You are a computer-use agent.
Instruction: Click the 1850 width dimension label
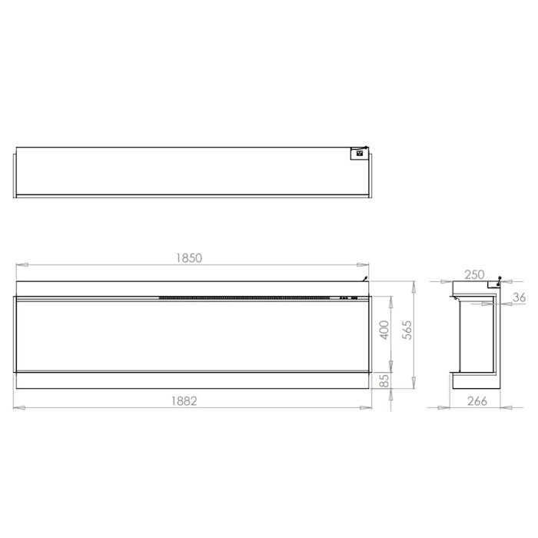click(189, 258)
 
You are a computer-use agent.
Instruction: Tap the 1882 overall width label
click(184, 400)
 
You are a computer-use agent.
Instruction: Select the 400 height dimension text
click(385, 330)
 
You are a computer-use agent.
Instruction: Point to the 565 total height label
click(407, 330)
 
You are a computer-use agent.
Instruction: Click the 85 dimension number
click(385, 380)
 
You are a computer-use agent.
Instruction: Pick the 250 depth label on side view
click(474, 275)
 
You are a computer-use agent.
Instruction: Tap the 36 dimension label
click(519, 297)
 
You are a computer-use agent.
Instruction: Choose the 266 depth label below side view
click(477, 400)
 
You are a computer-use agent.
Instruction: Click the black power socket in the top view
click(360, 153)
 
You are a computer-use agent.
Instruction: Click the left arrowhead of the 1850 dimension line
click(22, 265)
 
